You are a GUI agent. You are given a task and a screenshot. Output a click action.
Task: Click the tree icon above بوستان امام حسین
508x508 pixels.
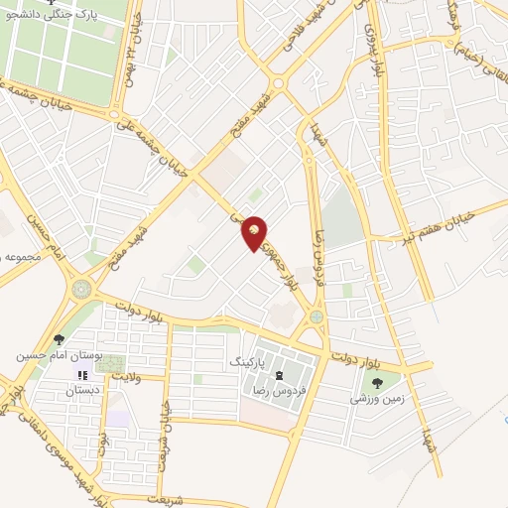click(x=59, y=340)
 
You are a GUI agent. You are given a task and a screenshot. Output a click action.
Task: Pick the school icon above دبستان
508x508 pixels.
click(x=84, y=375)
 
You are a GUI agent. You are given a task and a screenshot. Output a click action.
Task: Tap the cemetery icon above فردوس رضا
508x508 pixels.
click(x=279, y=374)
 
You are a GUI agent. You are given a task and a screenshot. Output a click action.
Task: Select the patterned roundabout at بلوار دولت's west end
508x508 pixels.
click(x=80, y=289)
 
